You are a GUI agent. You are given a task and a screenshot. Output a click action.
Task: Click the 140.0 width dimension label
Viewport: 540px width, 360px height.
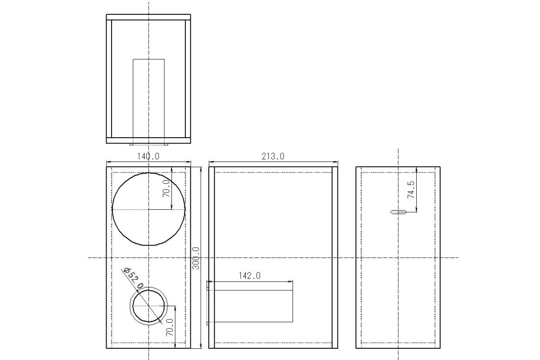pos(148,156)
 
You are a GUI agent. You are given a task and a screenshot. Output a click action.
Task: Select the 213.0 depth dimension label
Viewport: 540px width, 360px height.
pos(273,156)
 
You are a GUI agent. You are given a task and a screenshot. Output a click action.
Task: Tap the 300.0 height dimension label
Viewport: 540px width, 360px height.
pos(196,258)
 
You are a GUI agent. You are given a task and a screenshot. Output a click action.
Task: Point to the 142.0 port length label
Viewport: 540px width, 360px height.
pos(249,275)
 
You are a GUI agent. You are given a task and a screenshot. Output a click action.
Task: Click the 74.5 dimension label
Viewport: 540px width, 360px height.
pos(411,190)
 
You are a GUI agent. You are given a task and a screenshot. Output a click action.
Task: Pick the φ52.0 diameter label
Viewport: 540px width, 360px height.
pos(133,278)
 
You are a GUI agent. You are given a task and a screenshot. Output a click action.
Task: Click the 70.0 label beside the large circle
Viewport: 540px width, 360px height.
pos(166,188)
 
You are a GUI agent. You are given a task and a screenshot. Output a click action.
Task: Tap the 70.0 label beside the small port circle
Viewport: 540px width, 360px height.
pos(170,328)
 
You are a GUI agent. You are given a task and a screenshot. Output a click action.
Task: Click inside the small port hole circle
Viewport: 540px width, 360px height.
pos(148,306)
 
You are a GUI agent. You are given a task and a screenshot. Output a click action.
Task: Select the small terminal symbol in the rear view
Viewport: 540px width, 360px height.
pos(398,212)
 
